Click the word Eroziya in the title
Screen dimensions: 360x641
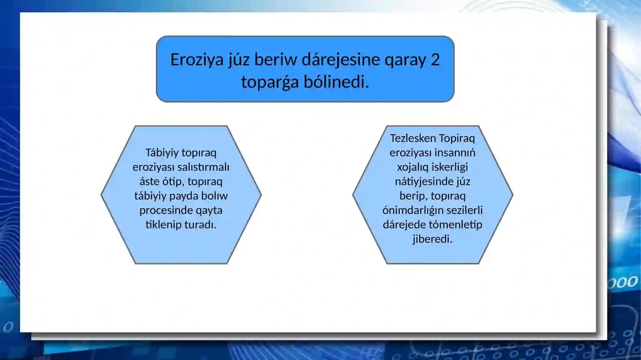tap(197, 60)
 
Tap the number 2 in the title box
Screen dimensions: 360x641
tap(435, 60)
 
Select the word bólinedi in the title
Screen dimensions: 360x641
tap(336, 82)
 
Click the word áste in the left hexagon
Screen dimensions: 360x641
tap(149, 181)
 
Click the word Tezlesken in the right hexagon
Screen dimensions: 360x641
tap(413, 138)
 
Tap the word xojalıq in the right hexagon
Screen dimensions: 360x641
tap(412, 167)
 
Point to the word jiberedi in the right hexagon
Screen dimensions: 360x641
tap(432, 239)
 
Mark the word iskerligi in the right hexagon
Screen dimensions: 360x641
tap(449, 167)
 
